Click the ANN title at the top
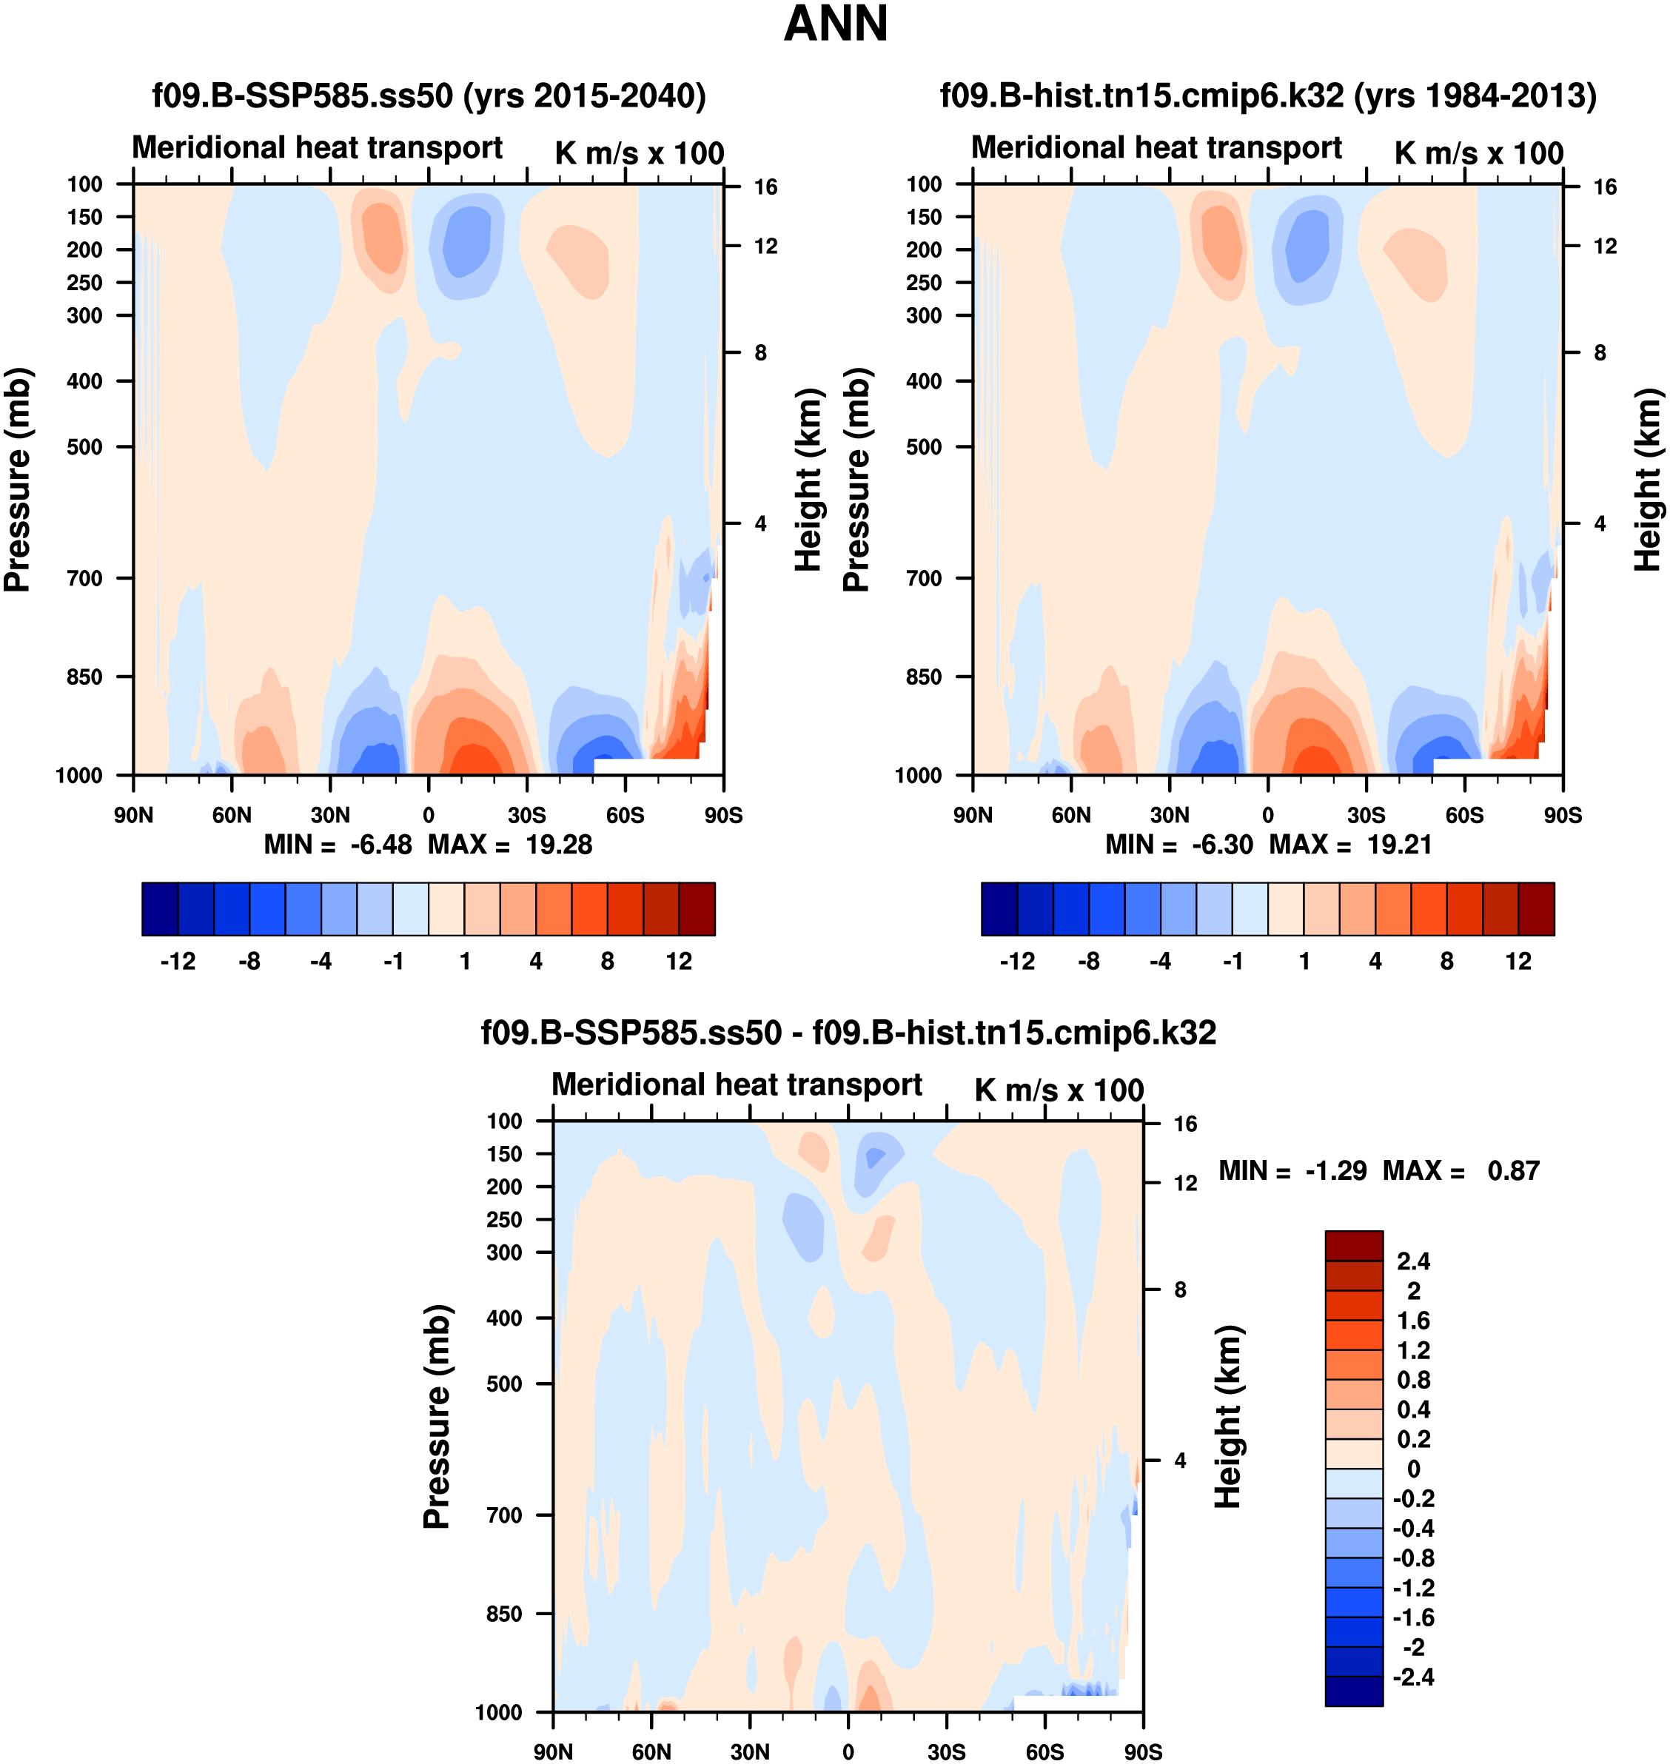tap(835, 24)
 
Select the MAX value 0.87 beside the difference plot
tap(1513, 1170)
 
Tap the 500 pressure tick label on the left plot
tap(84, 447)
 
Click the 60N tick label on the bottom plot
tap(651, 1751)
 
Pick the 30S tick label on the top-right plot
tap(1366, 815)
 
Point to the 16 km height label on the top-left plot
tap(765, 187)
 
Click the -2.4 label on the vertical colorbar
tap(1414, 1677)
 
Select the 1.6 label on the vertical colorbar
tap(1414, 1321)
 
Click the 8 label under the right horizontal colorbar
tap(1446, 962)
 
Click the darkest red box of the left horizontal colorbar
tap(697, 909)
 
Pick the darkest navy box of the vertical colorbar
tap(1353, 1691)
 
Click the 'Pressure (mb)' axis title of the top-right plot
tap(856, 480)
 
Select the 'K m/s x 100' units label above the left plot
tap(639, 153)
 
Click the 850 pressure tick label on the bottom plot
tap(504, 1614)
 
